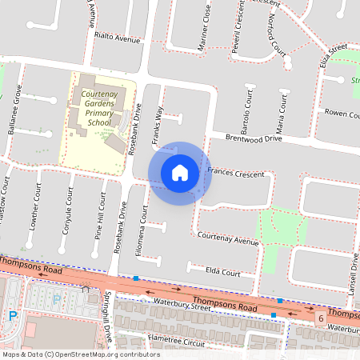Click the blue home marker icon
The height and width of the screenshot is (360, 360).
tap(180, 173)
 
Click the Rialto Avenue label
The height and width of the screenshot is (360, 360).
tap(117, 38)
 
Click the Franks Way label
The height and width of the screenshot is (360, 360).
tap(158, 126)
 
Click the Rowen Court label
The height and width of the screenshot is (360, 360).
tap(342, 113)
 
